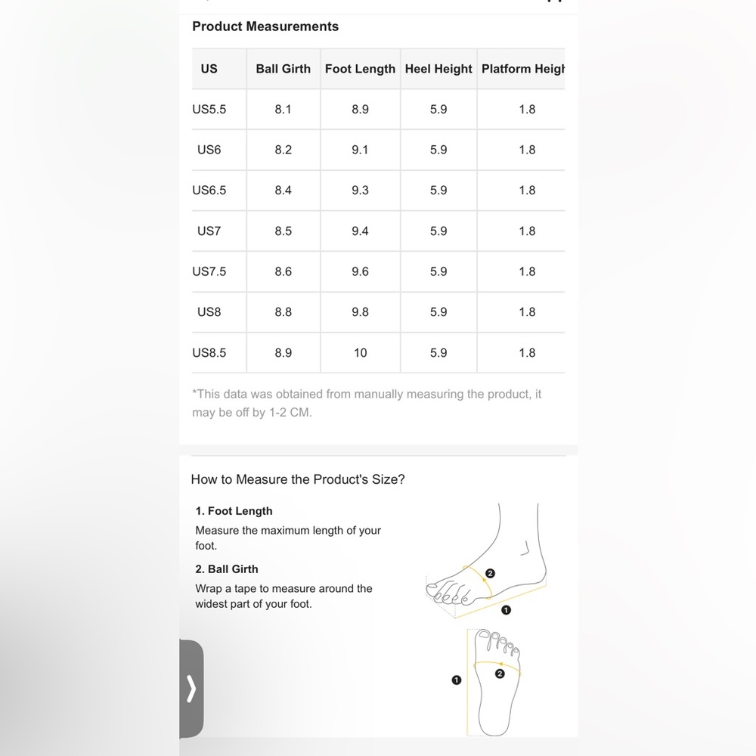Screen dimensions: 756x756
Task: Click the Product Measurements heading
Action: (x=265, y=26)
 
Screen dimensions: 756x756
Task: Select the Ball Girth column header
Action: (x=283, y=69)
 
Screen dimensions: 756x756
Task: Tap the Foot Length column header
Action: (x=360, y=69)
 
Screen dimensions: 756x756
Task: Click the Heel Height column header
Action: (x=438, y=69)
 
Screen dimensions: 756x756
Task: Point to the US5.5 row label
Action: (x=209, y=110)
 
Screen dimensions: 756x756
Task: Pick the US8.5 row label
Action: (x=209, y=353)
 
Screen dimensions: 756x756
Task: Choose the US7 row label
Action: (x=209, y=231)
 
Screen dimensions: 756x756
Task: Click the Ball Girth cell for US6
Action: (x=283, y=150)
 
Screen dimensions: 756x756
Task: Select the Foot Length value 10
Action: (x=360, y=353)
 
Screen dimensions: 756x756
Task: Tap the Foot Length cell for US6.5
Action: (x=360, y=191)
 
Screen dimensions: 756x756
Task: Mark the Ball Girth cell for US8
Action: (x=283, y=312)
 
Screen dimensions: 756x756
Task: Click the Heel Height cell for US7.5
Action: (x=438, y=272)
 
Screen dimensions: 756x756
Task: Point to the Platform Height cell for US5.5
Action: (x=527, y=110)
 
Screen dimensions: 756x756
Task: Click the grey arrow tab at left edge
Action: (x=191, y=689)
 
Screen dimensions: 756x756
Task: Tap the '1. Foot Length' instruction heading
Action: (x=234, y=511)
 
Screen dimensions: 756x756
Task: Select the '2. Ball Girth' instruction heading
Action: (x=227, y=569)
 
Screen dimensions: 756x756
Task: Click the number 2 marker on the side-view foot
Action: (x=490, y=574)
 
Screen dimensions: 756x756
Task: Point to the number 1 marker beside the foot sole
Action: (x=456, y=680)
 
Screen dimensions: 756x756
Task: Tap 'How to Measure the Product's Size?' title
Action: (x=298, y=479)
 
